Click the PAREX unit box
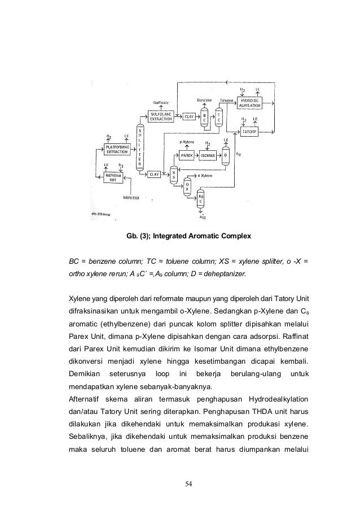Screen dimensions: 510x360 coord(187,154)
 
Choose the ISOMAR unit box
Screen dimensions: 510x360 coord(209,154)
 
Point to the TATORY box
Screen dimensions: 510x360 coord(249,132)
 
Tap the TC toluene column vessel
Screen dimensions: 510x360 coord(219,117)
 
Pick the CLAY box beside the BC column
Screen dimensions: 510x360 coord(190,116)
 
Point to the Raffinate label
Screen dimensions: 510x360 coord(161,102)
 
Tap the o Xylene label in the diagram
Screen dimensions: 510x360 coord(205,176)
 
